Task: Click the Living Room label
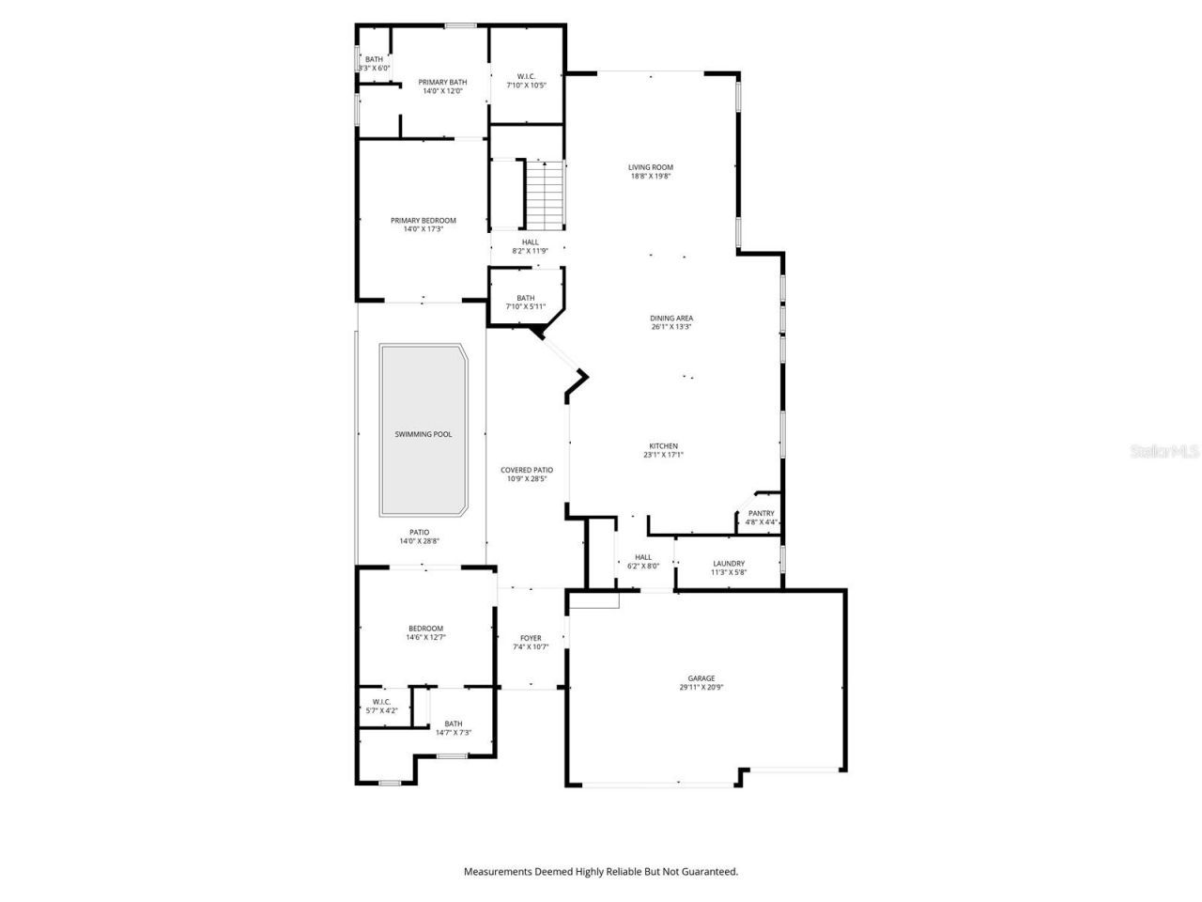[651, 167]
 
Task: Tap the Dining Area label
[671, 319]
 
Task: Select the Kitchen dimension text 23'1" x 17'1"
[663, 455]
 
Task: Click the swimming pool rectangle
[424, 430]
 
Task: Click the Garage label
[701, 678]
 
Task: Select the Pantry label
[761, 513]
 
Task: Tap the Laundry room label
[728, 564]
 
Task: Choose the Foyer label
[531, 638]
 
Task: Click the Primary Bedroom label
[424, 221]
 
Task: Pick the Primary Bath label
[442, 83]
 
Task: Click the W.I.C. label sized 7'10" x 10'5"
[526, 77]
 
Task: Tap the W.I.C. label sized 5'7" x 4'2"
[381, 702]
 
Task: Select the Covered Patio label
[527, 470]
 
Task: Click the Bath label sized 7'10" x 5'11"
[525, 298]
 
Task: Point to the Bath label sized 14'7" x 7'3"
[454, 723]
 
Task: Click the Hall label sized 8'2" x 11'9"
[531, 242]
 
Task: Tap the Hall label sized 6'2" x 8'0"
[643, 557]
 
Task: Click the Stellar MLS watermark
[1164, 451]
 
